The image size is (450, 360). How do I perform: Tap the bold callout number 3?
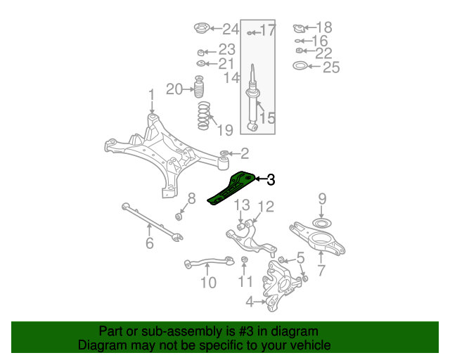click(271, 180)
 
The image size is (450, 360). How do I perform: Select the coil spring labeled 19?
click(203, 115)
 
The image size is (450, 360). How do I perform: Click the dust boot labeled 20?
click(200, 87)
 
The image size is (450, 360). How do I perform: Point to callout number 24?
click(231, 30)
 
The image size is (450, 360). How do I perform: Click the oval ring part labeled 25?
click(300, 66)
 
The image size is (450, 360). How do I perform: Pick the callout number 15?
click(267, 117)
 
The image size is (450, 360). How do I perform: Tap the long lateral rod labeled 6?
click(153, 223)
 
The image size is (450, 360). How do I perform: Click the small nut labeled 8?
click(179, 216)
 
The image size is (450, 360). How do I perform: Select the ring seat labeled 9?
click(322, 223)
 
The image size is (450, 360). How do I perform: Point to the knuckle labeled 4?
click(281, 284)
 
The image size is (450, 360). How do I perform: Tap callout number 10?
click(208, 283)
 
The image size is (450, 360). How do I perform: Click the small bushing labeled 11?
click(244, 259)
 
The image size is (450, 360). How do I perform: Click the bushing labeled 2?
click(224, 153)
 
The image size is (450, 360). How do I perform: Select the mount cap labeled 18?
click(299, 28)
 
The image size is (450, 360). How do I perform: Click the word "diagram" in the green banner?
click(298, 332)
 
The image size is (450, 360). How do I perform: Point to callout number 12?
click(266, 207)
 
